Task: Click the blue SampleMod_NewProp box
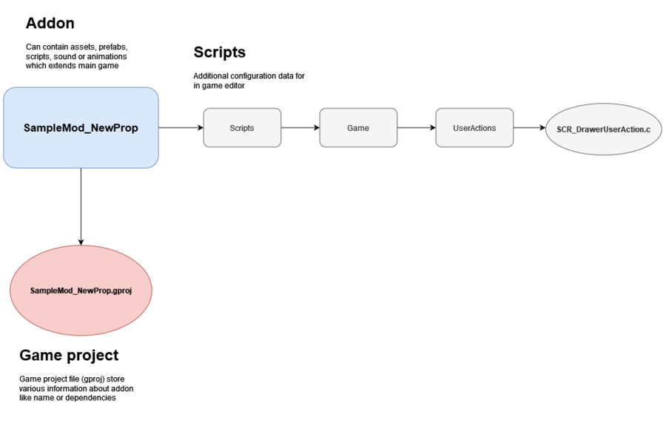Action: [81, 128]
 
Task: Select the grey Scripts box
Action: [242, 128]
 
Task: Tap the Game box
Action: [358, 128]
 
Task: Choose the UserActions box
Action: [474, 128]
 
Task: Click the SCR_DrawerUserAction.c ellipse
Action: [604, 129]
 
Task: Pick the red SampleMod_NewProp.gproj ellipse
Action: [81, 291]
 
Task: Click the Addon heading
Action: [50, 23]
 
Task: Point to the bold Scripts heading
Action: [220, 53]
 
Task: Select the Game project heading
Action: [69, 356]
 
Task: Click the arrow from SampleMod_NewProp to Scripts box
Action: [181, 128]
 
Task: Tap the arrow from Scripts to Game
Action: [300, 128]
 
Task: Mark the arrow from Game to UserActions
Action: [417, 128]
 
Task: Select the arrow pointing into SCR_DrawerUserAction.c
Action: [529, 128]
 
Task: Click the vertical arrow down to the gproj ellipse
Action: [81, 206]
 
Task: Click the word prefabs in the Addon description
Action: [113, 47]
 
